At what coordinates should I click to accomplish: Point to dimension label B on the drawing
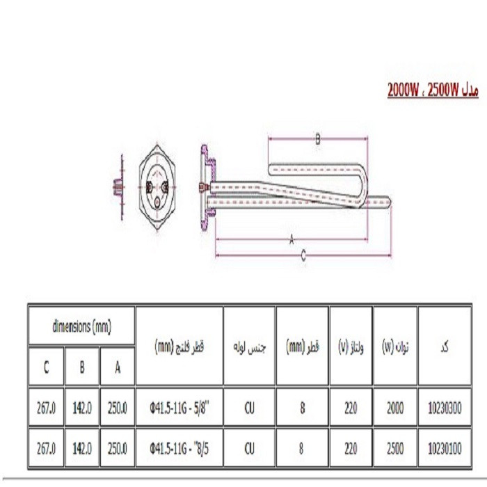tap(318, 140)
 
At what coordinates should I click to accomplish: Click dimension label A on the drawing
tap(292, 240)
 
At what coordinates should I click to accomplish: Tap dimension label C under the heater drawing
tap(303, 256)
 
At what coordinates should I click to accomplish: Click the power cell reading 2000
tap(395, 408)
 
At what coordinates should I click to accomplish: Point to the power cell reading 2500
tap(395, 449)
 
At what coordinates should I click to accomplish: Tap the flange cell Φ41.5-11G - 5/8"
tap(179, 408)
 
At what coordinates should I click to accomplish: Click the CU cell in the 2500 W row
tap(249, 449)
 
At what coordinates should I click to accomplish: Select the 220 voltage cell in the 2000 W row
tap(351, 408)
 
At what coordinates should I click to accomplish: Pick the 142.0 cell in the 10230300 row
tap(82, 408)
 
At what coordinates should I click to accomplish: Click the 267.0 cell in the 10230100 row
tap(46, 449)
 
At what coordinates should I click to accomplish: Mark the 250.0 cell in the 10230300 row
tap(118, 408)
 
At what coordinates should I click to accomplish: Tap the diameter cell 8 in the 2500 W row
tap(303, 449)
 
